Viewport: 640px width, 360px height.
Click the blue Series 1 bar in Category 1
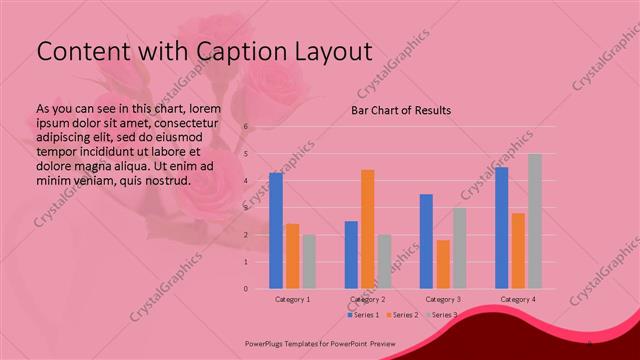(x=276, y=231)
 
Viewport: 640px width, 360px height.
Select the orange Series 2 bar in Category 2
(x=368, y=229)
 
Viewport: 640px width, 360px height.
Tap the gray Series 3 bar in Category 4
(x=535, y=221)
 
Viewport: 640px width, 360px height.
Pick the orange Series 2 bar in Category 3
(x=443, y=264)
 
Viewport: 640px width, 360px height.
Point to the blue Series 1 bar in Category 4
(x=502, y=228)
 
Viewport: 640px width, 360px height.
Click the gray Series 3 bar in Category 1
(x=309, y=262)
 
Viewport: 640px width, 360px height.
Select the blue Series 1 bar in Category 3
(x=426, y=241)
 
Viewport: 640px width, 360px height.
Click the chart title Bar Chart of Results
(x=401, y=110)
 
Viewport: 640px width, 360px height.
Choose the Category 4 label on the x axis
(x=518, y=299)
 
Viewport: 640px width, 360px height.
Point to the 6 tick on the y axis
(x=246, y=127)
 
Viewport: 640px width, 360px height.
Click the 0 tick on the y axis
(x=246, y=289)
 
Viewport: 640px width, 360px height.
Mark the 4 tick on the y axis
(x=246, y=181)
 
